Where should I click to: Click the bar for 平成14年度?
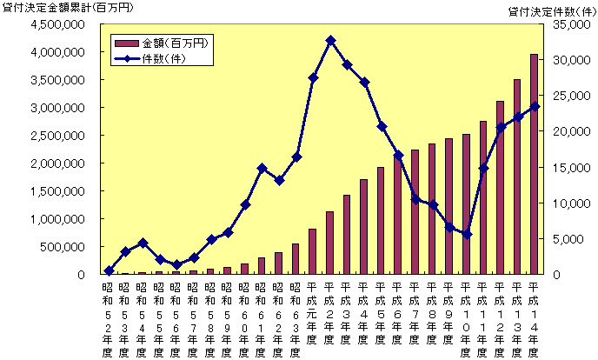534,164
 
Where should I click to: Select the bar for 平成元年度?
313,251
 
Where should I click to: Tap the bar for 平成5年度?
381,221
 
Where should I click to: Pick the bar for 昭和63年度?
296,259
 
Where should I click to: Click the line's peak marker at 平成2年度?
330,40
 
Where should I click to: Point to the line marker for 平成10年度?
466,234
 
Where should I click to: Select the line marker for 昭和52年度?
109,270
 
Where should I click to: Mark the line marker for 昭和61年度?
262,168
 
